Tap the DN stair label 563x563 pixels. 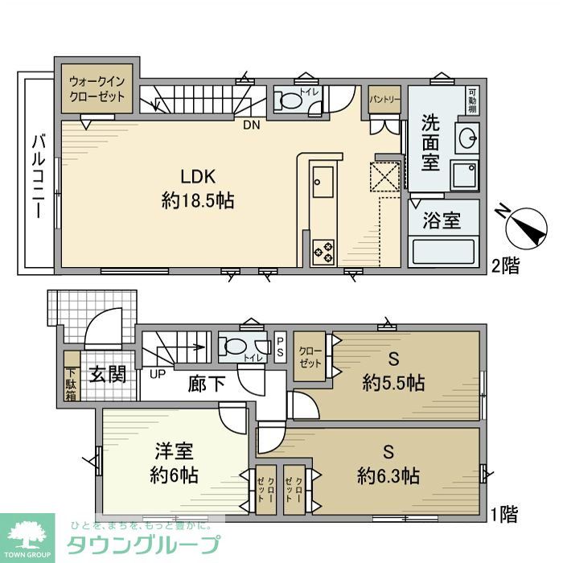tap(253, 125)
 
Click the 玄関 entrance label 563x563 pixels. tap(107, 374)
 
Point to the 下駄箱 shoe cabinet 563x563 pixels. tap(71, 382)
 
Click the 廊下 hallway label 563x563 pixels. tap(207, 383)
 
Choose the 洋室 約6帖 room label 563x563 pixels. tap(174, 462)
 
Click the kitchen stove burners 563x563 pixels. tap(324, 249)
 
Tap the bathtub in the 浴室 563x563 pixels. tap(445, 251)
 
